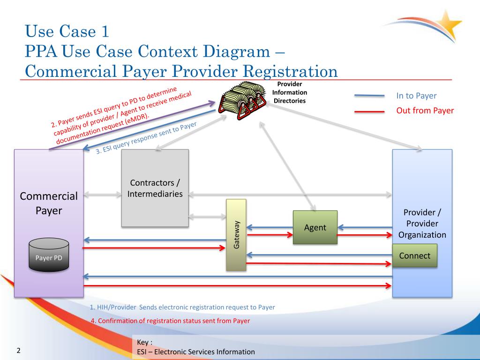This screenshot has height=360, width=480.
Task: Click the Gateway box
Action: tap(236, 235)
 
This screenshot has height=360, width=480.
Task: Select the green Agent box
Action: tap(315, 227)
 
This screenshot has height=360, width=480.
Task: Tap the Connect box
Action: tap(414, 255)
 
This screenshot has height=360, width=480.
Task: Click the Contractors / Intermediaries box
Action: tap(155, 188)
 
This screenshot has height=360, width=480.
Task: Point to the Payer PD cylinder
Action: tap(49, 255)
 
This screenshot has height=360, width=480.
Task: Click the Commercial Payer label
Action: tap(49, 203)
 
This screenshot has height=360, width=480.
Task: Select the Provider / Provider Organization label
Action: tap(422, 224)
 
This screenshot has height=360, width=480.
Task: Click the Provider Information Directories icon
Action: tap(242, 100)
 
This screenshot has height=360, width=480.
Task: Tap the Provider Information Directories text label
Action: tap(289, 92)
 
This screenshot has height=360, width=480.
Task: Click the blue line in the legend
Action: tap(369, 96)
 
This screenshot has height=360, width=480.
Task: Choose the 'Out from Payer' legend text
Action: tap(425, 111)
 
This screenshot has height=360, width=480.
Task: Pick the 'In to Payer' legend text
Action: tap(416, 96)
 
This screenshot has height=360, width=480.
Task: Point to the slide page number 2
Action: tap(18, 351)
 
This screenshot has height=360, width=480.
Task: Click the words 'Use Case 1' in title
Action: tap(67, 31)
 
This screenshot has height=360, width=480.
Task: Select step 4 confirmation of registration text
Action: tap(170, 321)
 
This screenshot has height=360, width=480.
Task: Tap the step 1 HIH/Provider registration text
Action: tap(182, 307)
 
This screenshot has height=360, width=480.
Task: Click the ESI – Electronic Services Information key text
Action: tap(196, 352)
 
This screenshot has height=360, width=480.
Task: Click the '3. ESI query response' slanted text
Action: tap(146, 138)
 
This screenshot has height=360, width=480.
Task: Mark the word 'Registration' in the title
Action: tap(290, 71)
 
